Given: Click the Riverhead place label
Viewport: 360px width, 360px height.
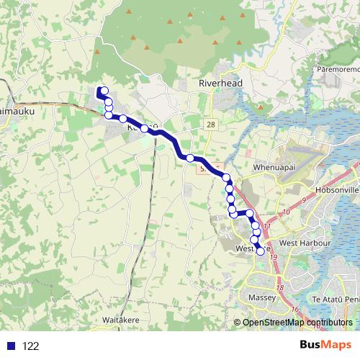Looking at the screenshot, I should [x=220, y=84].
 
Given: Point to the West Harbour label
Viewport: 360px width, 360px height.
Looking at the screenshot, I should [x=303, y=243].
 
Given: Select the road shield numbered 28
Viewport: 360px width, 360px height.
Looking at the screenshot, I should [x=210, y=125].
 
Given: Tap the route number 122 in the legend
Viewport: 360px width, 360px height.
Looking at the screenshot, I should [x=31, y=346].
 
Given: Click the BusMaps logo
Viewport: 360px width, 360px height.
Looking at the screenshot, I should [x=325, y=346].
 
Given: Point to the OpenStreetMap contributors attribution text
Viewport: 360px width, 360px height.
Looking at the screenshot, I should [x=297, y=323].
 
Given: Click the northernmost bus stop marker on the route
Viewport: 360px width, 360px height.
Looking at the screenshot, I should [x=104, y=91].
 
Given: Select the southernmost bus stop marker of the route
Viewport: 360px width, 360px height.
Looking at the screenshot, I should [x=260, y=251].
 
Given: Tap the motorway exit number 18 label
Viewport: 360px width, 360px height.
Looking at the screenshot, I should [x=279, y=287].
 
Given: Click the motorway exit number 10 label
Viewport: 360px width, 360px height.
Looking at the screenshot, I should [x=285, y=212].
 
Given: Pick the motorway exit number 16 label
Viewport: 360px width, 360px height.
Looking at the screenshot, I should [x=295, y=309].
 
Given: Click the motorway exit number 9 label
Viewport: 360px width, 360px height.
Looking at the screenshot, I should [x=305, y=199].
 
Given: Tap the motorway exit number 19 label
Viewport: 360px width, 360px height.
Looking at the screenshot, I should [x=274, y=256].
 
